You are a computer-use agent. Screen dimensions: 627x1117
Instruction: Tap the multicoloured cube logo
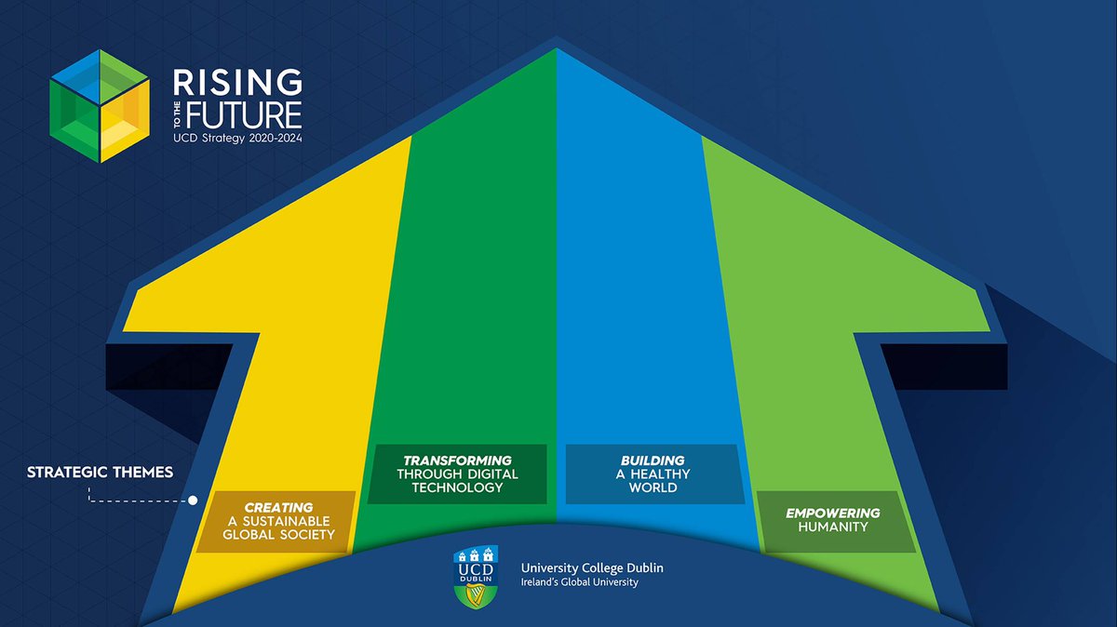pyautogui.click(x=100, y=105)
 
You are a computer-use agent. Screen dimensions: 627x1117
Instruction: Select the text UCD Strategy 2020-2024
pyautogui.click(x=237, y=137)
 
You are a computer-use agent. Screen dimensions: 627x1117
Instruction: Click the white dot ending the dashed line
pyautogui.click(x=193, y=500)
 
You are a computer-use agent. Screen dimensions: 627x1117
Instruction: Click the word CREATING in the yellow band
pyautogui.click(x=278, y=507)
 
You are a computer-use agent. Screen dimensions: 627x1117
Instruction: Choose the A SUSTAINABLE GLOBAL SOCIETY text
pyautogui.click(x=278, y=527)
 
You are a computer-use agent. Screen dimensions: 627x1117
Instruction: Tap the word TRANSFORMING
pyautogui.click(x=457, y=460)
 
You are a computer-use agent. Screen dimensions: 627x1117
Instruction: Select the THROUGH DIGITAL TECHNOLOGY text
pyautogui.click(x=457, y=481)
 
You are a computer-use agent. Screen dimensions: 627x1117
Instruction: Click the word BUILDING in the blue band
pyautogui.click(x=653, y=460)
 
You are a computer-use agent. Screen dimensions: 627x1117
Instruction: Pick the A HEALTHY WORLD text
pyautogui.click(x=653, y=480)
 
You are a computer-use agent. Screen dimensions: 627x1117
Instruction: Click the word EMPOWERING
pyautogui.click(x=832, y=513)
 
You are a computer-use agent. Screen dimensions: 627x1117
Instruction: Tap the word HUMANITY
pyautogui.click(x=832, y=527)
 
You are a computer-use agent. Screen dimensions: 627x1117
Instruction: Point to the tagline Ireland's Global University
pyautogui.click(x=572, y=583)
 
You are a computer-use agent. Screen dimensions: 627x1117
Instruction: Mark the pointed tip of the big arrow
pyautogui.click(x=557, y=38)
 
